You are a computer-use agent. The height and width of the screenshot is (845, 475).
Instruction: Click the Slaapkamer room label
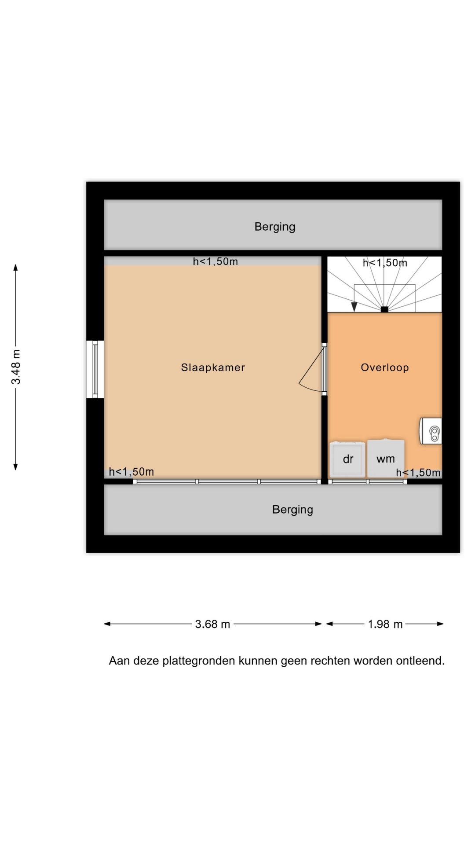tap(213, 367)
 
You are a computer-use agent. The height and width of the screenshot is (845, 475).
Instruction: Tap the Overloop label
tap(385, 367)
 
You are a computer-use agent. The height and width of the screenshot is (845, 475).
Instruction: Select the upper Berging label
tap(275, 227)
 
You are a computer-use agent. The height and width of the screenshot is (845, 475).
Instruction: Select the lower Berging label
tap(292, 510)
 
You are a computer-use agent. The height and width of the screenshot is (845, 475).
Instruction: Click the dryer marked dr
tap(347, 459)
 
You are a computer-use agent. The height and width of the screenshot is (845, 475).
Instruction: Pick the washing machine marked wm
tap(386, 459)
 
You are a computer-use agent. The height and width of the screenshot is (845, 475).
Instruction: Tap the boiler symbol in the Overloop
tap(431, 431)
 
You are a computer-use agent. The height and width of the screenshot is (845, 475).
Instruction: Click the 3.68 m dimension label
tap(213, 624)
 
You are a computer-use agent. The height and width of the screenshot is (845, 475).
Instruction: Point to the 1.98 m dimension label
tap(385, 624)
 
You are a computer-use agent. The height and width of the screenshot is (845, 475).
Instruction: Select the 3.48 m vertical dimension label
tap(16, 367)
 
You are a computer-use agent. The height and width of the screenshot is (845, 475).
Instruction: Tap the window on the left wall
tap(95, 369)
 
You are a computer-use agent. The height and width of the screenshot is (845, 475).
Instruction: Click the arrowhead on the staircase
tap(354, 307)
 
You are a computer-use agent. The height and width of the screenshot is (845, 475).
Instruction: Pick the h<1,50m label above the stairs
tap(385, 263)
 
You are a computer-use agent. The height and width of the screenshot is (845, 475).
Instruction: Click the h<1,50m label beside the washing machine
tap(418, 473)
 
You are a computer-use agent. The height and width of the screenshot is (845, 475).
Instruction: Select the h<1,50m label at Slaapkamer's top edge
tap(216, 261)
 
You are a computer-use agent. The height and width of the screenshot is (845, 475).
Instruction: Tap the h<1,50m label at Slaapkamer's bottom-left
tap(132, 472)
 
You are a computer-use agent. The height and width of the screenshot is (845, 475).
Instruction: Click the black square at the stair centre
tap(384, 309)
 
